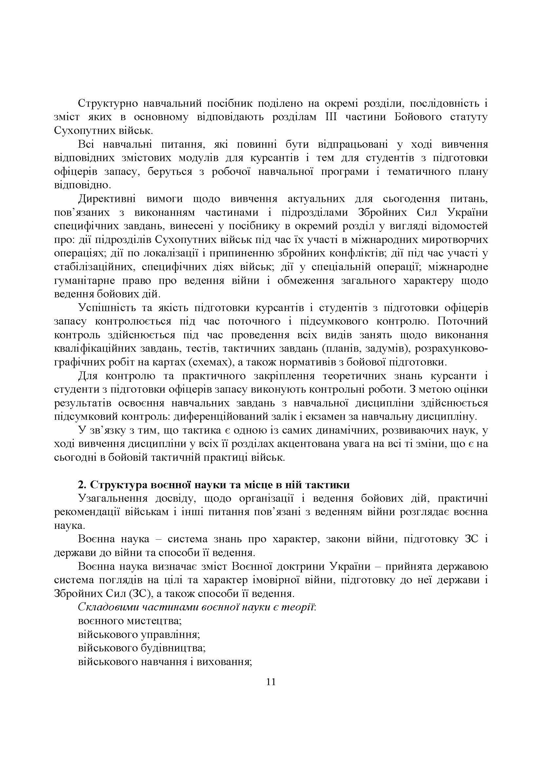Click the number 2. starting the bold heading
tap(82, 485)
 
